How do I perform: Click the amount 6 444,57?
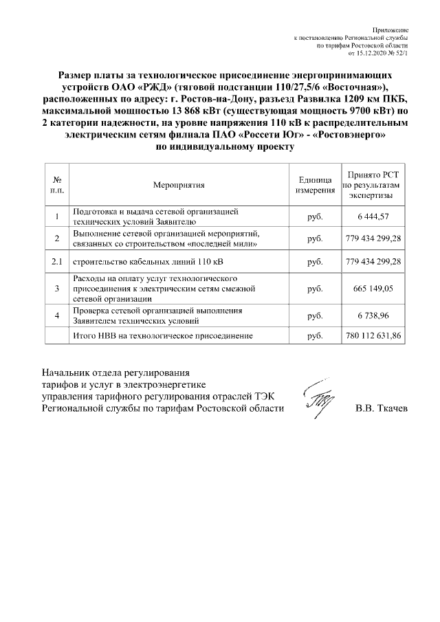point(373,216)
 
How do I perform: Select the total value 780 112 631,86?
point(373,336)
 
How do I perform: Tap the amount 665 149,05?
point(373,289)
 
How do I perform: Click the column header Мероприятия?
point(179,184)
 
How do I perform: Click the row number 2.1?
point(57,262)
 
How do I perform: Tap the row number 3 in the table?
point(57,289)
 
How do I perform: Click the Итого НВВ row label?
point(163,336)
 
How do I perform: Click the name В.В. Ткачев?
point(381,408)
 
